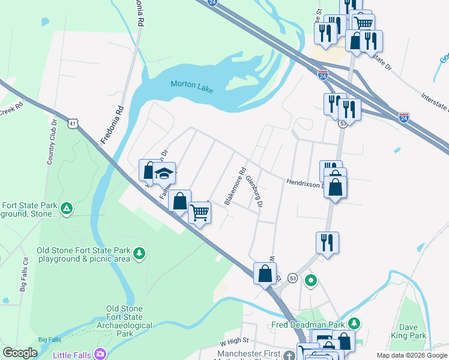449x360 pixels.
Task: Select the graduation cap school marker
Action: (x=164, y=173)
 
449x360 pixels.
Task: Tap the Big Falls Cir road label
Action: (x=25, y=274)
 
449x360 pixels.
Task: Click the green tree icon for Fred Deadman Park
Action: (x=354, y=324)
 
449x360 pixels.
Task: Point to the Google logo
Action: (x=20, y=353)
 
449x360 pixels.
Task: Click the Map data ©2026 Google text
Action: (x=412, y=355)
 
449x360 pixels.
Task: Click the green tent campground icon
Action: (x=67, y=209)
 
